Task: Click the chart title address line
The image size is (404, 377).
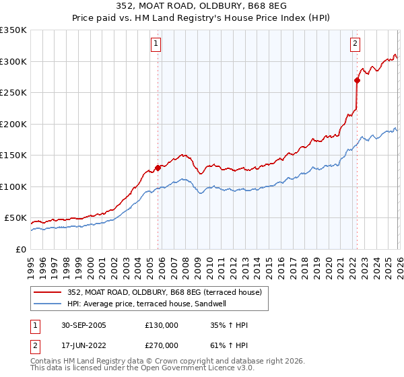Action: (202, 7)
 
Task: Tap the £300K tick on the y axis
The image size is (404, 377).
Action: (13, 61)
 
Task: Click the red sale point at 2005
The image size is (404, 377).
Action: (158, 168)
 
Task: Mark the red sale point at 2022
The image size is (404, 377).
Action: (357, 80)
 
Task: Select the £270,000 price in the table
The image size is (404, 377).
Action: (162, 344)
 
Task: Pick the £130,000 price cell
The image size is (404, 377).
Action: (162, 325)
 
